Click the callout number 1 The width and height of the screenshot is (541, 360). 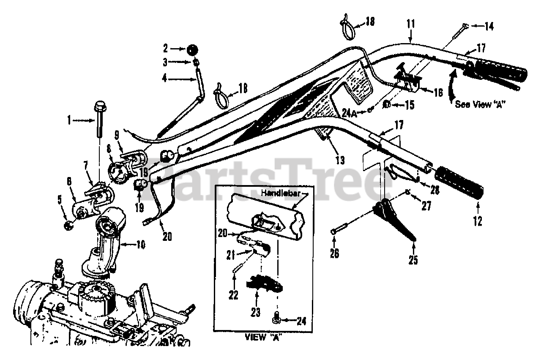(69, 120)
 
